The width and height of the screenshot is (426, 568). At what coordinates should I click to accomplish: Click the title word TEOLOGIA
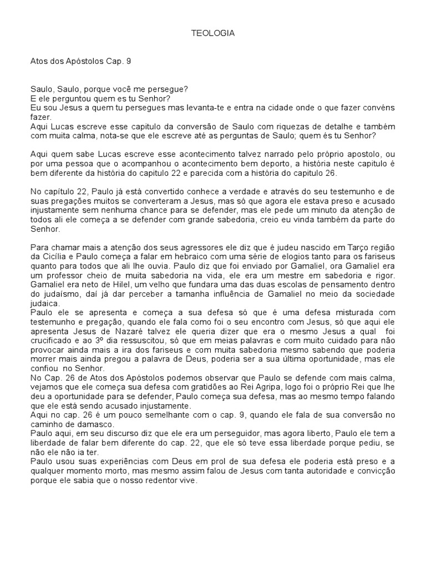(x=213, y=33)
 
